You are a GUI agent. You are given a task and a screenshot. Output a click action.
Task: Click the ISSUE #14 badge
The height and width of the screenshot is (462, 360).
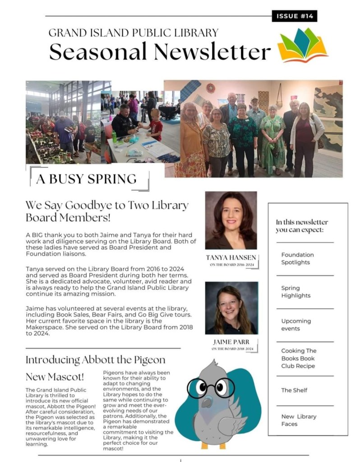click(x=295, y=16)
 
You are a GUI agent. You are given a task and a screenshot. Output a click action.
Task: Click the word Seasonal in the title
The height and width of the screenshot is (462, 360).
click(x=97, y=52)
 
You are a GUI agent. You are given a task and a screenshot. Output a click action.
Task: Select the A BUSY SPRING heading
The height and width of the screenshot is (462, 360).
click(x=86, y=179)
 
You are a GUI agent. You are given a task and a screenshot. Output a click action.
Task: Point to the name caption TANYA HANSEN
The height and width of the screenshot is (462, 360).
click(x=231, y=257)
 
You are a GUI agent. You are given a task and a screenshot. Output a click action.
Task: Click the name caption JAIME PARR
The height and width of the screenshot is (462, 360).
click(x=231, y=342)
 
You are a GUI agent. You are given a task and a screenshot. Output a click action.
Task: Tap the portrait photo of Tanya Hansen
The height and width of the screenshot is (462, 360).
click(x=231, y=220)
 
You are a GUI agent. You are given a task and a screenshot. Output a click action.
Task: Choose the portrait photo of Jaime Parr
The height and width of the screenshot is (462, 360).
click(x=231, y=308)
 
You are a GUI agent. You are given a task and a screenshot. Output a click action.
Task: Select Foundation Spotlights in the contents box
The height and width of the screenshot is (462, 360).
click(x=297, y=258)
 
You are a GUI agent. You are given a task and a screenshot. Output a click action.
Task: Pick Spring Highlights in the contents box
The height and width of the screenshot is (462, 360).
click(x=296, y=292)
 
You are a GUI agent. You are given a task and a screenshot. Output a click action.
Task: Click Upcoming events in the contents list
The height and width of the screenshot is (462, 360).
click(x=296, y=325)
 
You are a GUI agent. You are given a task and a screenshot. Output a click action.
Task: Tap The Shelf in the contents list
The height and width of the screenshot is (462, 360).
click(x=294, y=390)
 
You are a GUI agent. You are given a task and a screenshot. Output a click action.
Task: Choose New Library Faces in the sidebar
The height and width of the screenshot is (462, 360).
click(x=299, y=420)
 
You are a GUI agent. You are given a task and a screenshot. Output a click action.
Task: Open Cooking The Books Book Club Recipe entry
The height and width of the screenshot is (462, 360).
click(x=299, y=358)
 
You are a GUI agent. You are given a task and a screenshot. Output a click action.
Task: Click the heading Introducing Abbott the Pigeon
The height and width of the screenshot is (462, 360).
click(x=95, y=360)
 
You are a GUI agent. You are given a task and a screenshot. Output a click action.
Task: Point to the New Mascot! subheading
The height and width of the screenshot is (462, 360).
click(x=55, y=376)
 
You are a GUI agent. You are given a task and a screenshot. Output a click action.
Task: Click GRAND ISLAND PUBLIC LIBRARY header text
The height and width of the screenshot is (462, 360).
click(x=133, y=33)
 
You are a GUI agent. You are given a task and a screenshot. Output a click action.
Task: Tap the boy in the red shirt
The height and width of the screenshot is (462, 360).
click(x=156, y=124)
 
